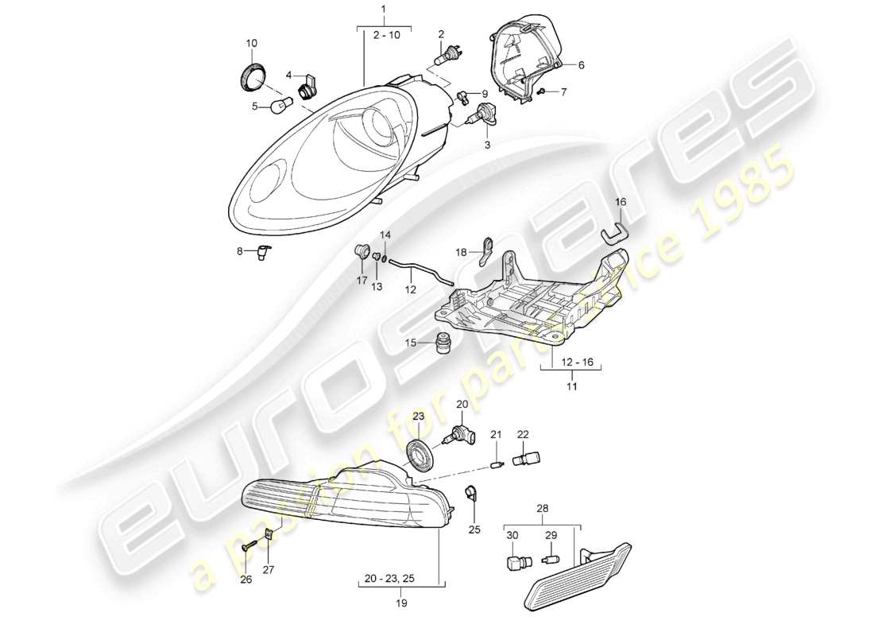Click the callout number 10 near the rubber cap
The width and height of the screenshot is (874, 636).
point(252,43)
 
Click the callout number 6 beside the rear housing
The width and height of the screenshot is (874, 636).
point(581,65)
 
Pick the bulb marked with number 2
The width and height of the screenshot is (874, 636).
point(446,58)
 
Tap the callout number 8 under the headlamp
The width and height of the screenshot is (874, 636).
point(239,253)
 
